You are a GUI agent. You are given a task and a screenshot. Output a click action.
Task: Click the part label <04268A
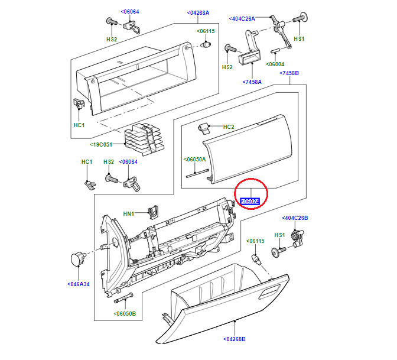(x=198, y=12)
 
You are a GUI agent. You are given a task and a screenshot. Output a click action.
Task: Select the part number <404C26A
(x=242, y=19)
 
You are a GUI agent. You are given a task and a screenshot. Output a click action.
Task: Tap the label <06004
(x=275, y=64)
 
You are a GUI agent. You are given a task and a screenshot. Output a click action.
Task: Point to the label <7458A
(x=252, y=82)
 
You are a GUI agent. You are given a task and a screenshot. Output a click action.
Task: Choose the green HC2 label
(x=229, y=127)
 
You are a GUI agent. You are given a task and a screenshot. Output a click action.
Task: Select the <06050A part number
(x=194, y=160)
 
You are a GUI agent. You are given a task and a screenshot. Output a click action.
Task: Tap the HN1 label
(x=129, y=213)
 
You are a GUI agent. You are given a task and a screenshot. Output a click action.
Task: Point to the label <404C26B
(x=295, y=218)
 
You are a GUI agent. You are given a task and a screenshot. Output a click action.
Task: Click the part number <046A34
(x=78, y=284)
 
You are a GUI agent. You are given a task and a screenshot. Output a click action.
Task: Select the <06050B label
(x=125, y=314)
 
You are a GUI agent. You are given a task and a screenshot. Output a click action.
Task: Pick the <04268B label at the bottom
(x=235, y=339)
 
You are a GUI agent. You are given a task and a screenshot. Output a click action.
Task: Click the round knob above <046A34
(x=77, y=258)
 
